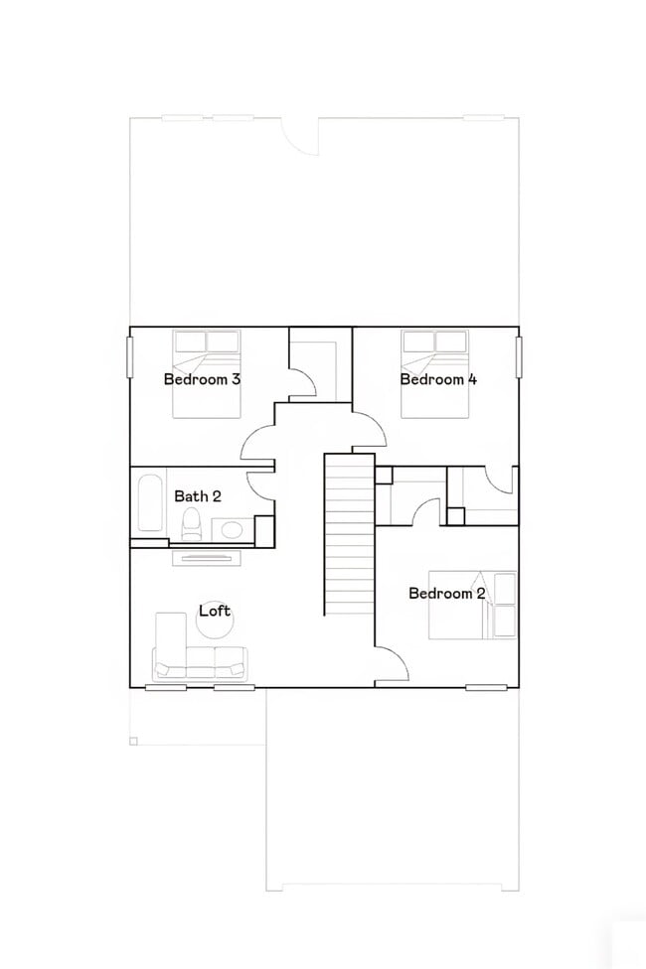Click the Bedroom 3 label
202,378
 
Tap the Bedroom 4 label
438,378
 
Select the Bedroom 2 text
447,593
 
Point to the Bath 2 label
198,495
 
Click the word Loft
215,610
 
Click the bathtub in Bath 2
150,503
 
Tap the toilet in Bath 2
192,525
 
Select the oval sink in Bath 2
233,528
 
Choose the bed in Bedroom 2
472,604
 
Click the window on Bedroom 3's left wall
129,356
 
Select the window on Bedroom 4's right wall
518,356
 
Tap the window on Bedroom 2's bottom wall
486,687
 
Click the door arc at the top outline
300,134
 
